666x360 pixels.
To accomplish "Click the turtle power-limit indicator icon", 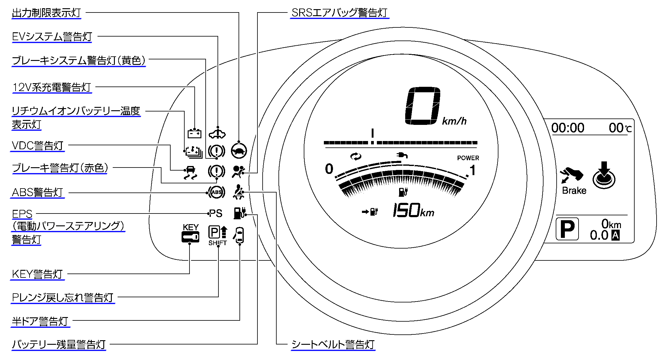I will tap(239, 151).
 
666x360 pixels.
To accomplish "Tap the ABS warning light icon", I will tap(217, 192).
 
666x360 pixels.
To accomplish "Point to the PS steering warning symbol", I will tap(216, 214).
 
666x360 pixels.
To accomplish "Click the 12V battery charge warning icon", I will tap(194, 133).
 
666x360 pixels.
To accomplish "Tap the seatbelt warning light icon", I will tap(239, 192).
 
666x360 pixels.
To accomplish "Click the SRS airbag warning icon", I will tap(238, 171).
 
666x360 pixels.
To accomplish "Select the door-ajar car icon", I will tap(239, 235).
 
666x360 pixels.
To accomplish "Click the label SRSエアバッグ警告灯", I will tap(339, 13).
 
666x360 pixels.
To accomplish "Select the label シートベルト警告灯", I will tap(333, 344).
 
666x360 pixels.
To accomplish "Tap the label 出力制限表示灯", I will tap(46, 13).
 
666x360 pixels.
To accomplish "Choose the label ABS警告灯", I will tap(37, 192).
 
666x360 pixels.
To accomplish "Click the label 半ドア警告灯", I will tap(40, 321).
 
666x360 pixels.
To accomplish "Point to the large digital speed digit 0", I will tap(423, 106).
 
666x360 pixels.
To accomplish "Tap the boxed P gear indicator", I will tap(567, 229).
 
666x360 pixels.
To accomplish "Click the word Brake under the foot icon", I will tap(574, 191).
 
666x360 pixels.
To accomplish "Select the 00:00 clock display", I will tap(568, 128).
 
